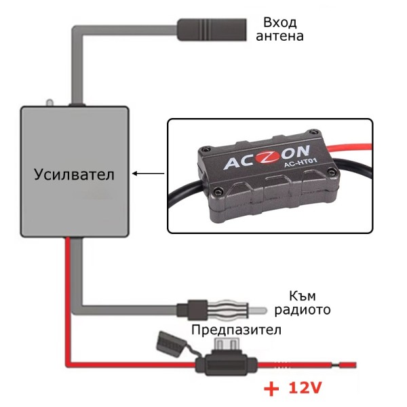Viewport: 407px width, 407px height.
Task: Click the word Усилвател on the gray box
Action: tap(74, 174)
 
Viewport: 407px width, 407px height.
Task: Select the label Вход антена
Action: tap(279, 28)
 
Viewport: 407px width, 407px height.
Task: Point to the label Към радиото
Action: tap(303, 303)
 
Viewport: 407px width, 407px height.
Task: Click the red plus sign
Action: tap(271, 390)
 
